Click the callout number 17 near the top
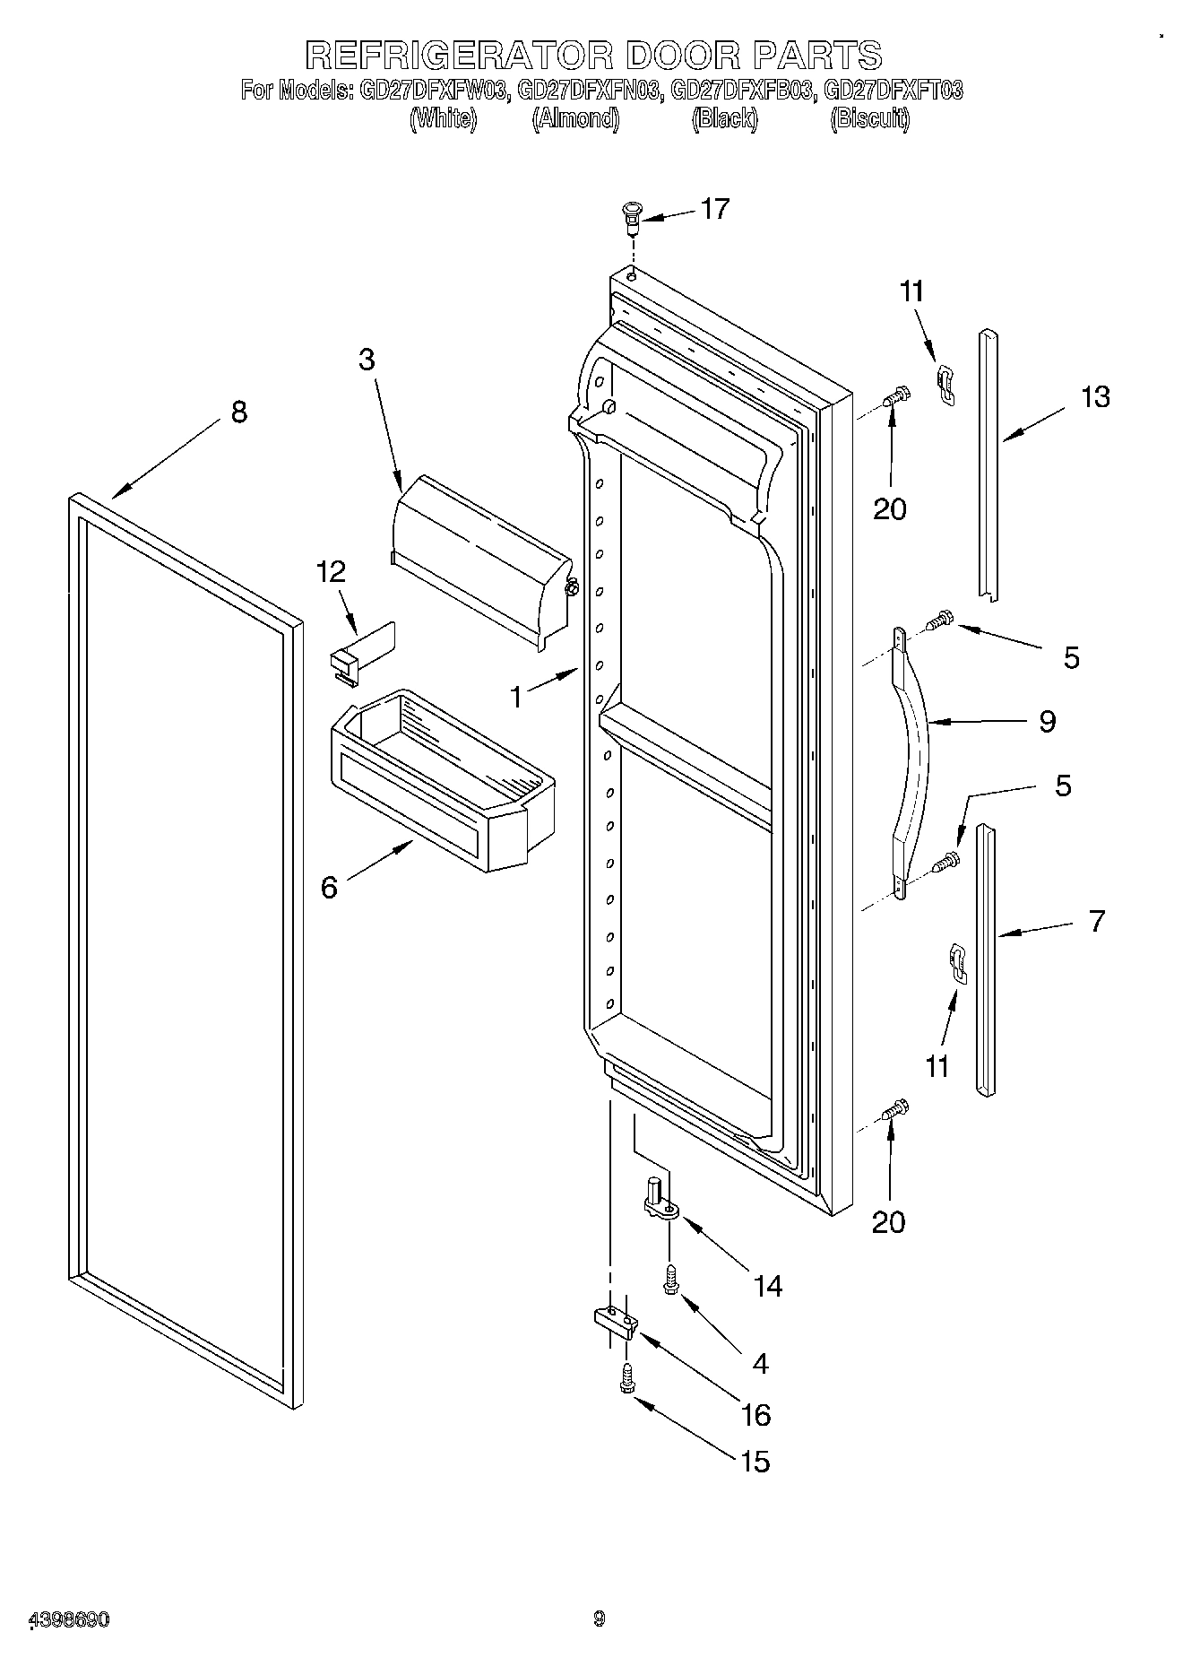point(714,209)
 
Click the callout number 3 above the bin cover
point(367,360)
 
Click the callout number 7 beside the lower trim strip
point(1097,921)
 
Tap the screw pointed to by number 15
point(626,1378)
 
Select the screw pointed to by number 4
point(669,1280)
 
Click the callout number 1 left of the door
point(516,697)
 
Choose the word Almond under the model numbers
point(575,118)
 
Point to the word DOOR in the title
point(683,56)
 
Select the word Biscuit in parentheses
point(869,118)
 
